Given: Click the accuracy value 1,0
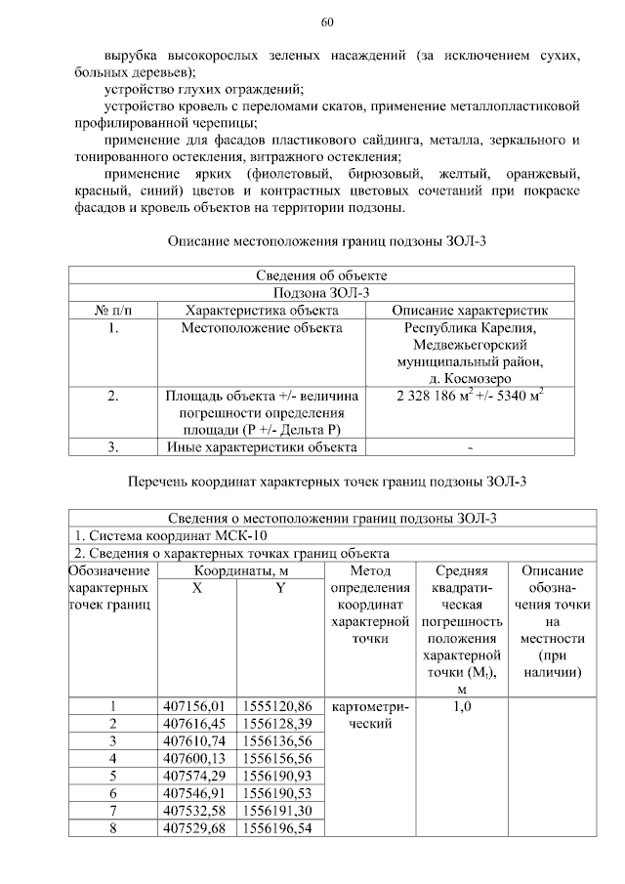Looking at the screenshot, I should tap(462, 706).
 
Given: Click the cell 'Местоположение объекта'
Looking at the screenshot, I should tap(262, 328).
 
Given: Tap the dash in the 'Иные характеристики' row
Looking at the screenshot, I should tap(470, 448).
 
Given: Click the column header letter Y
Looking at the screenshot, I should tap(280, 589).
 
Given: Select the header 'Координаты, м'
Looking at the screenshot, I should tap(237, 571).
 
